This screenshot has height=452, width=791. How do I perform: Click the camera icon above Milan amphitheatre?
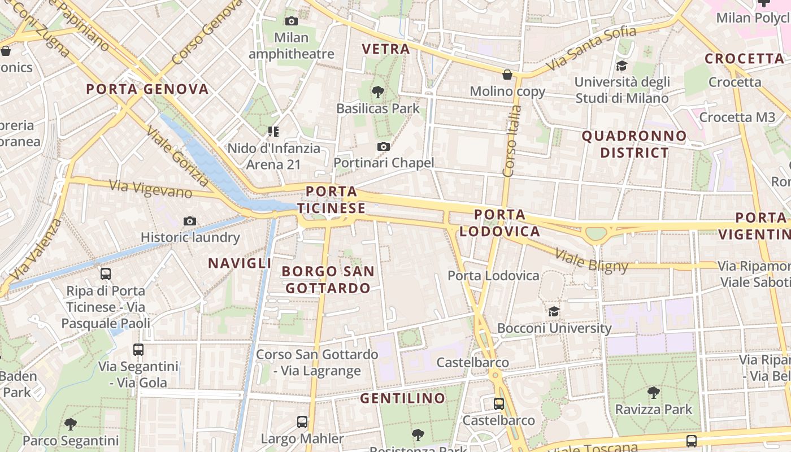(292, 21)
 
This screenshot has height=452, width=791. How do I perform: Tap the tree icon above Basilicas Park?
(378, 92)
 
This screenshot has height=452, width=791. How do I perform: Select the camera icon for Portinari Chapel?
(384, 147)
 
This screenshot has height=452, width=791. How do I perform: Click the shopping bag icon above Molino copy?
(507, 75)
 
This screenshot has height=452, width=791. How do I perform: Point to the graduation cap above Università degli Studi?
(621, 66)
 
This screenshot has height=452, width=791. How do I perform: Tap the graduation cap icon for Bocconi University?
(554, 311)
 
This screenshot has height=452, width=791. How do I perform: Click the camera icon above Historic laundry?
(190, 221)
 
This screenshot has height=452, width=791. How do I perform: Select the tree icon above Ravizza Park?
(653, 392)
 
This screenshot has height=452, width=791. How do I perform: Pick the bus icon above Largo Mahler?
(302, 421)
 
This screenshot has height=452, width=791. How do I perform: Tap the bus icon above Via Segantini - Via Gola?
(138, 350)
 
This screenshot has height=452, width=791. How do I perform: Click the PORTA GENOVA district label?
(147, 89)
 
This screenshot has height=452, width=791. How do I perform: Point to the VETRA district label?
(386, 49)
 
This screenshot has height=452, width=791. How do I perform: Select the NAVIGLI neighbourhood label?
(240, 263)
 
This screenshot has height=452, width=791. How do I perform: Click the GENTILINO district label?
(403, 398)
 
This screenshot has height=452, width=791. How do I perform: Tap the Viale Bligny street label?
(592, 260)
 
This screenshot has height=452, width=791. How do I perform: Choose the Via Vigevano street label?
(150, 189)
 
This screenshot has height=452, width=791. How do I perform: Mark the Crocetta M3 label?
(737, 117)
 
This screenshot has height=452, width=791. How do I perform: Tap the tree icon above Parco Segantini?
(71, 424)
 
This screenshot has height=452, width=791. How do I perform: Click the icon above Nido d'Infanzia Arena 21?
(273, 132)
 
